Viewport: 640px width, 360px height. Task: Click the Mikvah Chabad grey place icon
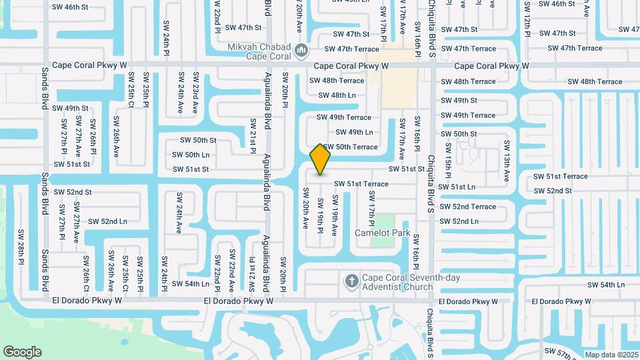[301, 51]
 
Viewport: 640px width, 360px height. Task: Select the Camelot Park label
[382, 233]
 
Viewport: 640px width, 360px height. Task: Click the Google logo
[22, 352]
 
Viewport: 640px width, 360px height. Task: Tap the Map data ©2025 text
[611, 355]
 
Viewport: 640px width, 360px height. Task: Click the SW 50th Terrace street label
[351, 147]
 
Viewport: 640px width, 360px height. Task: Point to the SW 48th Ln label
[337, 95]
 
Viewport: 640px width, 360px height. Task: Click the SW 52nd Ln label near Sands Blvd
[107, 221]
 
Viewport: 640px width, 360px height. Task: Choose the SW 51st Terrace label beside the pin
[361, 183]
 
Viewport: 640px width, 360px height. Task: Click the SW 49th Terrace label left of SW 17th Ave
[344, 117]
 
